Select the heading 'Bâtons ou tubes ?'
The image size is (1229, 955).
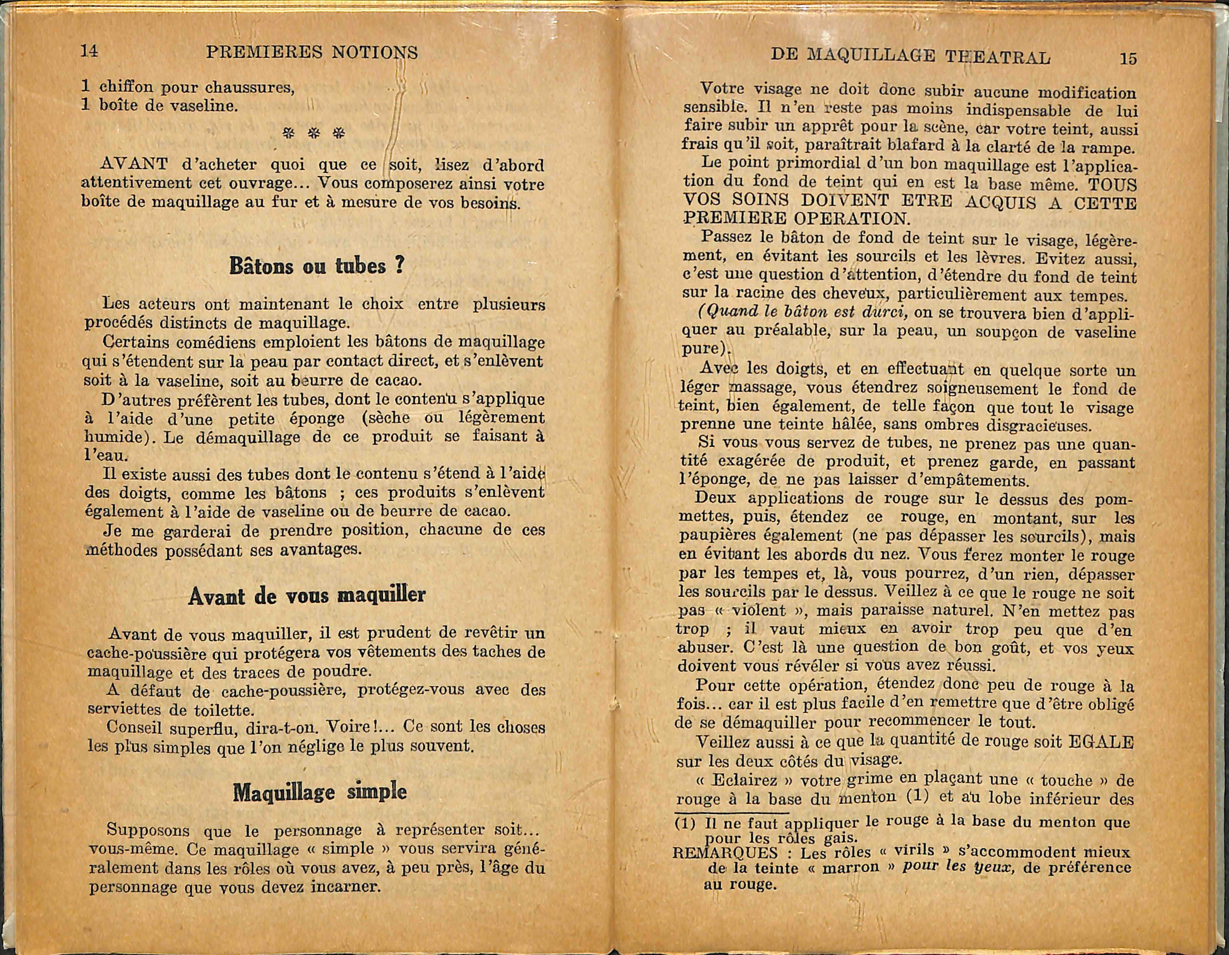pos(317,266)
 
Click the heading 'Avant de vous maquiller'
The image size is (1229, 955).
pos(307,595)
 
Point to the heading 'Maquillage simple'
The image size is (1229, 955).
pos(320,792)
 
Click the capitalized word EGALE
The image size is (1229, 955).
pos(1100,742)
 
